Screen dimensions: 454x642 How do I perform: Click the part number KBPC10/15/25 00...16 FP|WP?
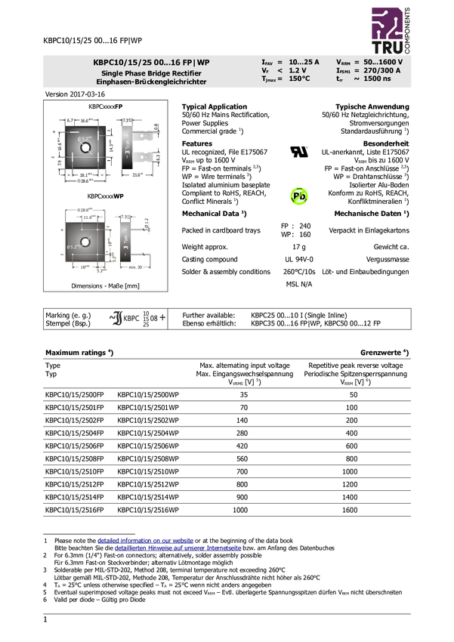pos(151,62)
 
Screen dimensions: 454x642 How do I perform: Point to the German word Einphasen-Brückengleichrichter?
pos(151,81)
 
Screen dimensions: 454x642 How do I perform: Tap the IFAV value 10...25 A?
pos(304,62)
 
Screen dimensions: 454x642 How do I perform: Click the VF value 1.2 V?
pos(298,70)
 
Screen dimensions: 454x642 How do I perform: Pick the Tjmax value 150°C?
pos(299,79)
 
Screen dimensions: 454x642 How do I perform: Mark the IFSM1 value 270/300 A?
pos(382,70)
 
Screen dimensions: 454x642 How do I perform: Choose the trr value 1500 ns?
pos(377,79)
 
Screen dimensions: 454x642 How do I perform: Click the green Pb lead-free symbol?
pos(299,196)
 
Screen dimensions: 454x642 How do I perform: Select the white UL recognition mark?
pos(299,152)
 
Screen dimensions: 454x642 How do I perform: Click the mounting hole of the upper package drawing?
pos(85,147)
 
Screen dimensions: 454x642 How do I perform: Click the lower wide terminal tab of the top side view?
pos(143,156)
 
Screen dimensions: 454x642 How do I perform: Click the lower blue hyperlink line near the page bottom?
pos(178,549)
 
